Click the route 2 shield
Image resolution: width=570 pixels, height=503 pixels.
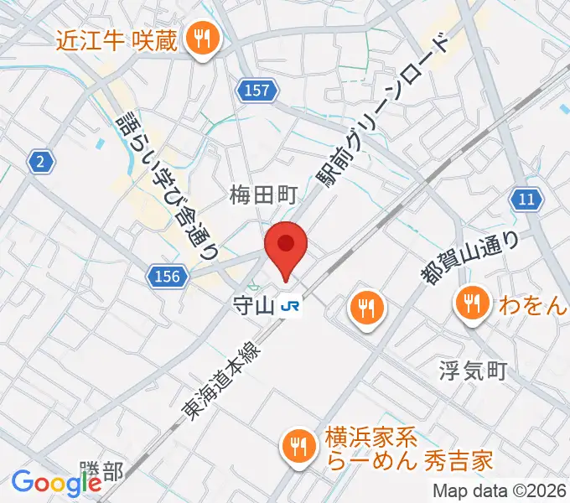39,162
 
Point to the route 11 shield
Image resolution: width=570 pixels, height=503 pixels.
526,199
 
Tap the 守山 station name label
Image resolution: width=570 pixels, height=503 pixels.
254,307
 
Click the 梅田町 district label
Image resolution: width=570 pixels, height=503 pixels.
264,196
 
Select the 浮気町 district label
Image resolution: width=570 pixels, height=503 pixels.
474,370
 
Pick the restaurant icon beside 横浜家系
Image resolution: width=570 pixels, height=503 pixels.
298,444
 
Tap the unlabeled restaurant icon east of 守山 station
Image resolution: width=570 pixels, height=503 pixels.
366,308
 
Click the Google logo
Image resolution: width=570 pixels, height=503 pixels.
55,483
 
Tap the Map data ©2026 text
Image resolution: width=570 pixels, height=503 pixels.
500,491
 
